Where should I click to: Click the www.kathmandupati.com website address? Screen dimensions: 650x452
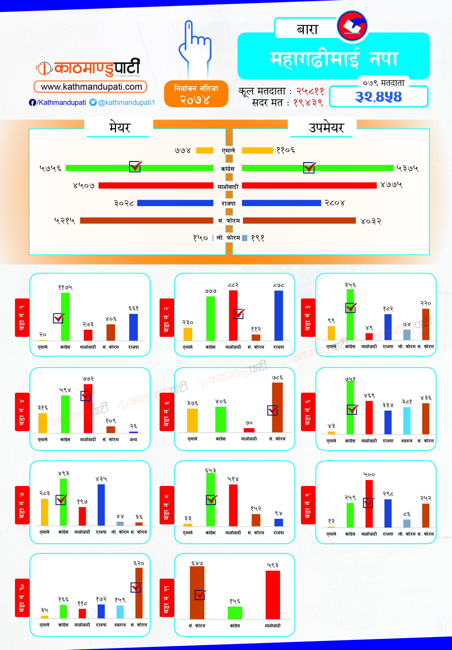coord(91,87)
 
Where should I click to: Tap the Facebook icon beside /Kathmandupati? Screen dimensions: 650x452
coord(32,103)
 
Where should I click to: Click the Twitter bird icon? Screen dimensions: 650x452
coord(93,102)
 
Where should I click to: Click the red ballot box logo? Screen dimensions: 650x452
coord(352,26)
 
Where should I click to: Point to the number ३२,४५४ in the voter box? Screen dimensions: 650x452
coord(378,97)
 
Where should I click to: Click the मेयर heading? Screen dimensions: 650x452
coord(120,128)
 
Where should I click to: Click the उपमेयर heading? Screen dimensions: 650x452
coord(326,128)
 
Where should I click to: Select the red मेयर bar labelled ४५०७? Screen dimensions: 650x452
coord(156,185)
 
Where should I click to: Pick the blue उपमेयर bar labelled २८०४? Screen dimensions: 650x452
coord(281,203)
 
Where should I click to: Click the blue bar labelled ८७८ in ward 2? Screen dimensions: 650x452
coord(278,315)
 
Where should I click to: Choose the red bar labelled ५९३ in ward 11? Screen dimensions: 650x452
coord(273,594)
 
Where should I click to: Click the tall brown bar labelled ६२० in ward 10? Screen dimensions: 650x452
coord(139,593)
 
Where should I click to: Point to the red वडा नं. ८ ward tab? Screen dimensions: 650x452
coord(167,505)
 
